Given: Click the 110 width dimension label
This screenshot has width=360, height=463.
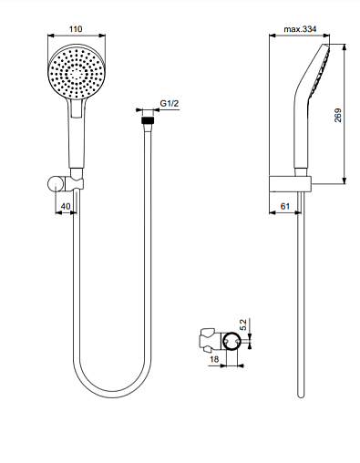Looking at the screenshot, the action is [76, 29].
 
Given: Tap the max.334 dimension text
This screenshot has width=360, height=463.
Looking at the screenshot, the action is [300, 29].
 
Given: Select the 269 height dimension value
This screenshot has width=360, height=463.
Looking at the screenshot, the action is [338, 115].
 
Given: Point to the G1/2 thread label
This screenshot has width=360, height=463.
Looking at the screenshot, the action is [170, 103].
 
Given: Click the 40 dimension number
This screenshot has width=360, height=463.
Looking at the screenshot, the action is [66, 206].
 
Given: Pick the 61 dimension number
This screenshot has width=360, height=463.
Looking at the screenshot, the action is [285, 206].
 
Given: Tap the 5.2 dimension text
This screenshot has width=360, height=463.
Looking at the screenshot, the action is [243, 324].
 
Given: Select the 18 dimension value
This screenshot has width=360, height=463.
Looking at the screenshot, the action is [214, 359].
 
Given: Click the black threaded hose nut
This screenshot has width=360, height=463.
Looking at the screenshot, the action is [148, 119].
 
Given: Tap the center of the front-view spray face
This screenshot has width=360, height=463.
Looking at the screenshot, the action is [77, 73].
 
